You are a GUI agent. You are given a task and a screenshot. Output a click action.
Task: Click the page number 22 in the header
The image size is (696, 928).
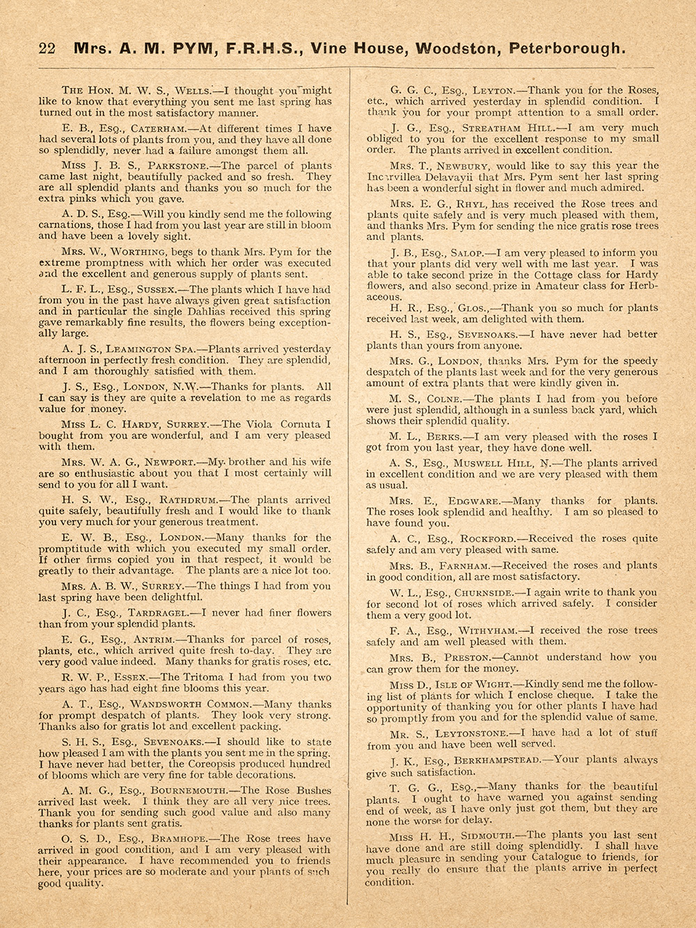47,49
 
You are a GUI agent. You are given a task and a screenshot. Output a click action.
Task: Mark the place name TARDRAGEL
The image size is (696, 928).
159,613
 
